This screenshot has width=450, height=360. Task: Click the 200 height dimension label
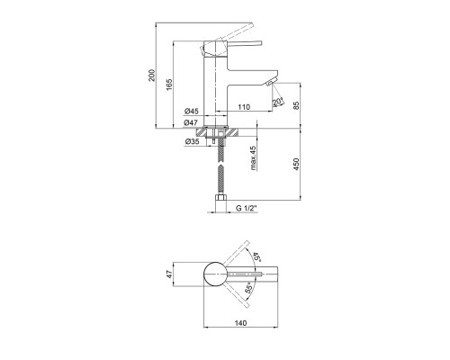pos(152,76)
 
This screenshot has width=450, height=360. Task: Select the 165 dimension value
pos(169,85)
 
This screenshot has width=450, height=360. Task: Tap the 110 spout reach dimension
pos(244,107)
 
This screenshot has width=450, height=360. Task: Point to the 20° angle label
pos(278,102)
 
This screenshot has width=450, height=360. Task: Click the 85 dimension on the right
pos(296,105)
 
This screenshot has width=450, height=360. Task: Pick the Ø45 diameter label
pos(192,111)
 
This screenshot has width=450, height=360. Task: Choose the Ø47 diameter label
pos(191,122)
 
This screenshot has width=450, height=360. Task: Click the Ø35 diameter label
pos(192,141)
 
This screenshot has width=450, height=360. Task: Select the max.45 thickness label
pos(253,158)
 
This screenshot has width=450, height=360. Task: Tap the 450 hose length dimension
pos(296,165)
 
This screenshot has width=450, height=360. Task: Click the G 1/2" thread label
pos(247,208)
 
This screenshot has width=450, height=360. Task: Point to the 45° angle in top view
pos(256,257)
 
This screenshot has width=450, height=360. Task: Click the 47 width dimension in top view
pos(170,274)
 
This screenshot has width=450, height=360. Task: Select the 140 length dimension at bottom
pos(240,323)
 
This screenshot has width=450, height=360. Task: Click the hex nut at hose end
pos(220,198)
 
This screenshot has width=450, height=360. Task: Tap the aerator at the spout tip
pos(271,83)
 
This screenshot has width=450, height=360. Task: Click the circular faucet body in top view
pos(215,274)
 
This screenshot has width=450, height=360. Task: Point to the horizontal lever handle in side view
pos(243,43)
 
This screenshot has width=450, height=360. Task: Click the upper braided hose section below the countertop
pos(221,148)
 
